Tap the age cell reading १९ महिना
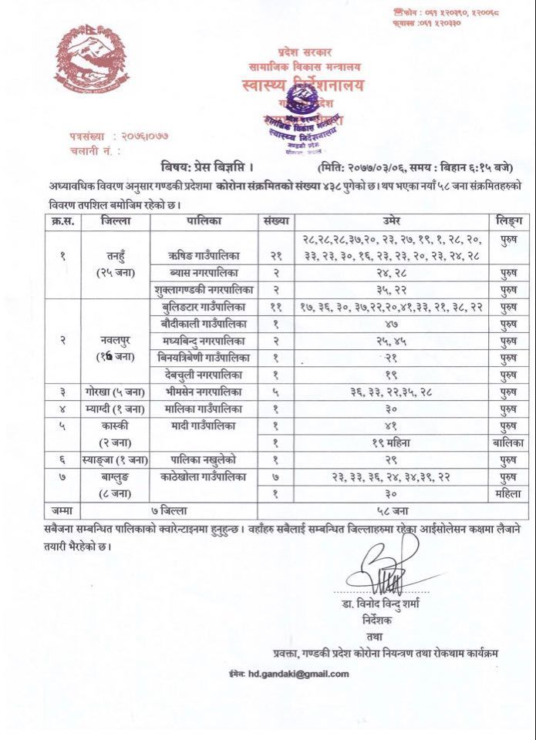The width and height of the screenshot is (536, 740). point(387,442)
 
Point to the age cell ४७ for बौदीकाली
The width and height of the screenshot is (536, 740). point(387,323)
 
